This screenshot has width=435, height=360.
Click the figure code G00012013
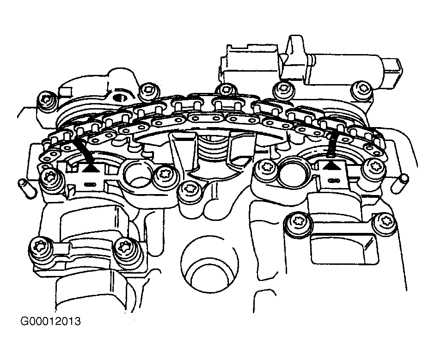[50, 321]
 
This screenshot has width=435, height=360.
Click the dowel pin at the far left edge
[23, 189]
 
